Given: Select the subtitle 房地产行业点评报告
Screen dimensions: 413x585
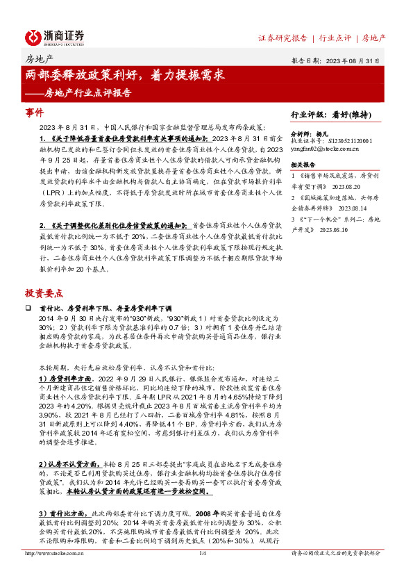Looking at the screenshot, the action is coord(87,91).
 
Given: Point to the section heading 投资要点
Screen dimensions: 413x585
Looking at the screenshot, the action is coord(44,293).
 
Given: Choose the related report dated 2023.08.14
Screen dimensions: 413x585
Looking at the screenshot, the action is coord(341,206).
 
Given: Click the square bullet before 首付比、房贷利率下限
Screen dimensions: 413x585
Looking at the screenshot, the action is coord(28,307).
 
